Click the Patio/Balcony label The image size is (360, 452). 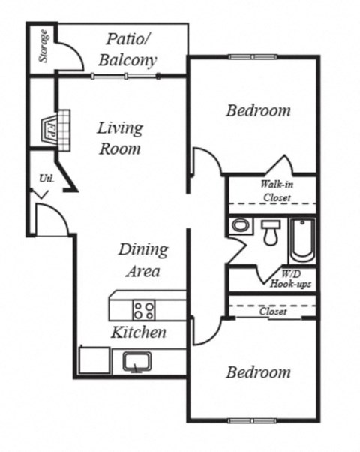pyautogui.click(x=131, y=50)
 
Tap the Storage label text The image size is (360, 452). pyautogui.click(x=43, y=47)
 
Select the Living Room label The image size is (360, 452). pyautogui.click(x=119, y=138)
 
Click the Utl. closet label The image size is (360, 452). pyautogui.click(x=43, y=179)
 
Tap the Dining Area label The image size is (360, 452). pyautogui.click(x=142, y=260)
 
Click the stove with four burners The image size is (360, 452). pyautogui.click(x=144, y=308)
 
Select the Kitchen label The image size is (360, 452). pyautogui.click(x=139, y=332)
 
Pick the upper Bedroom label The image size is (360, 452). pyautogui.click(x=258, y=111)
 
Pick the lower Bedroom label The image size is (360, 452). pyautogui.click(x=258, y=372)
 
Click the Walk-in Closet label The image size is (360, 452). pyautogui.click(x=276, y=191)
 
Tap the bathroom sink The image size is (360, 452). pyautogui.click(x=241, y=224)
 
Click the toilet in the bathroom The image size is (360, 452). pyautogui.click(x=270, y=231)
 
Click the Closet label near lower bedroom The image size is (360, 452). pyautogui.click(x=273, y=312)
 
